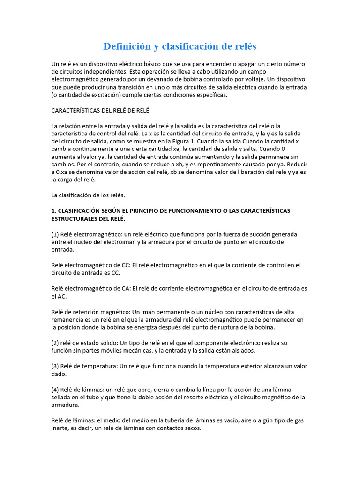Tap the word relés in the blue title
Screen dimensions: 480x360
pos(243,46)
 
